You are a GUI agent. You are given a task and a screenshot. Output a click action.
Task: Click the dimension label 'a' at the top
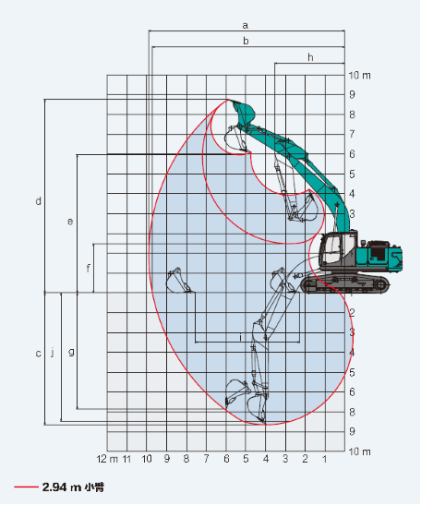click(246, 26)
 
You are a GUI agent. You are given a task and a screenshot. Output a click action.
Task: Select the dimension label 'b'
click(246, 41)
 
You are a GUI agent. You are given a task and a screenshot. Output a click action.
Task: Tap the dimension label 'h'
click(310, 57)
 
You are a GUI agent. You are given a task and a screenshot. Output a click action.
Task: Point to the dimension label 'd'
click(39, 201)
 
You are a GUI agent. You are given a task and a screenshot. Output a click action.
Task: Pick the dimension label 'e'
click(70, 222)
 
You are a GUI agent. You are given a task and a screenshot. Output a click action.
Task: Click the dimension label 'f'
click(88, 268)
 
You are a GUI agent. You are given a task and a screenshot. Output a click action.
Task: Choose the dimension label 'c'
click(39, 354)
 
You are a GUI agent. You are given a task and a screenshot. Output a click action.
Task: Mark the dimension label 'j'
click(53, 353)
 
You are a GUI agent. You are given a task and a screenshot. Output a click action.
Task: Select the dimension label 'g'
click(71, 352)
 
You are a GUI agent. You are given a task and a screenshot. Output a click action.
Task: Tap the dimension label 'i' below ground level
click(240, 338)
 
